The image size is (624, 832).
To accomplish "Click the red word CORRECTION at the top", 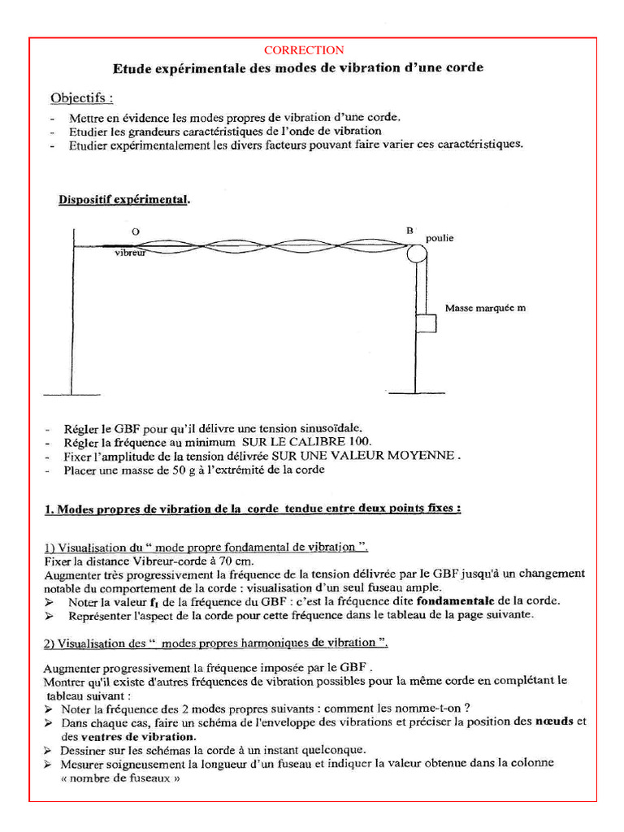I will click(x=304, y=50).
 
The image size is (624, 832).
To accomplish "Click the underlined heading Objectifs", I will click(x=81, y=98).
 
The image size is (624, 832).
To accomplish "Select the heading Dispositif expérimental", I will click(x=124, y=200).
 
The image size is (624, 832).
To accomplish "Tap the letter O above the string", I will click(x=136, y=232).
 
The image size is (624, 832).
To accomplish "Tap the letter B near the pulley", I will click(x=409, y=231).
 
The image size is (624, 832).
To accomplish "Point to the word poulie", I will click(x=440, y=238).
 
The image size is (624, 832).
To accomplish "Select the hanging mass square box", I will click(x=425, y=323).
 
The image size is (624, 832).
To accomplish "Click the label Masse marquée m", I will click(x=485, y=309).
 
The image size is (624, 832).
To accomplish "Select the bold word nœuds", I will click(x=554, y=721).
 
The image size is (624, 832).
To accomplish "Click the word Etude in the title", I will click(x=128, y=68).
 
